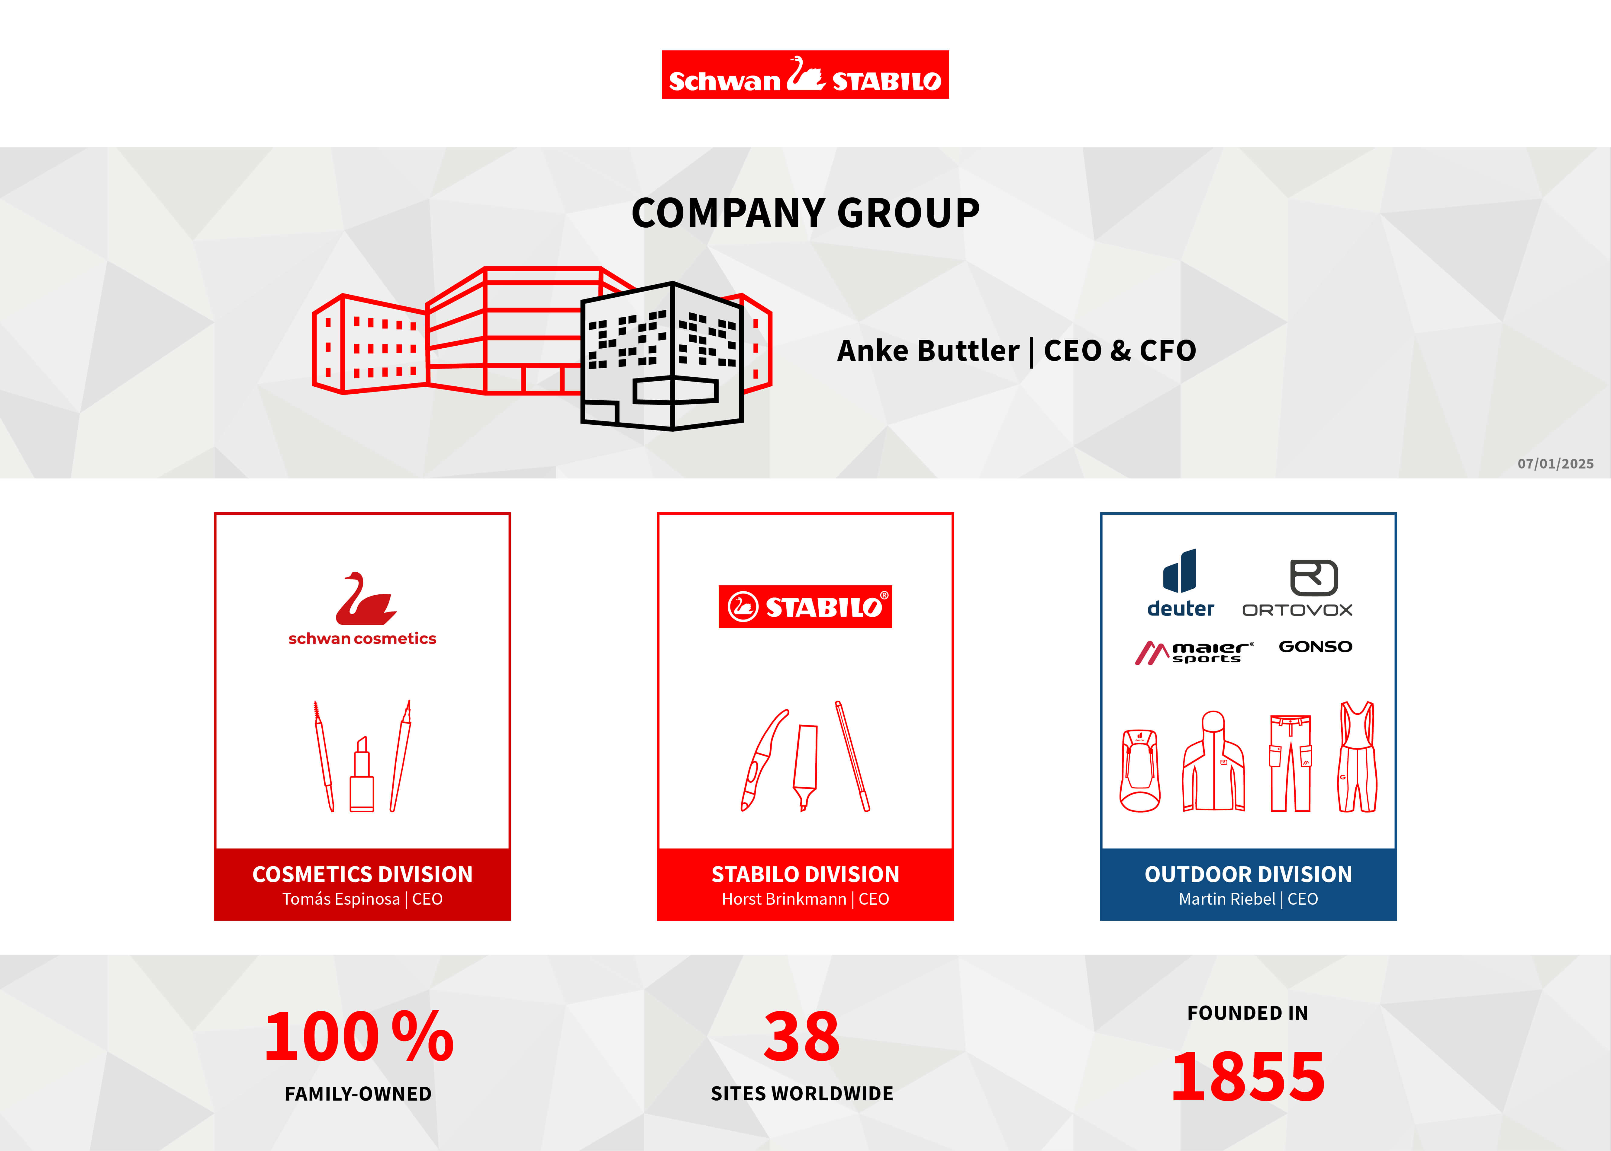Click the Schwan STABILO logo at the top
coord(805,75)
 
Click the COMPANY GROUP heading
coord(805,213)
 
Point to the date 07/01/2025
coord(1556,464)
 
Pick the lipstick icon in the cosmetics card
coord(362,774)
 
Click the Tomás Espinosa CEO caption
coord(362,899)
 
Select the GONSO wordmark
coord(1315,646)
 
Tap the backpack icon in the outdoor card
coord(1139,770)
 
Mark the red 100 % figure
coord(359,1036)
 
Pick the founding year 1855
coord(1248,1076)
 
